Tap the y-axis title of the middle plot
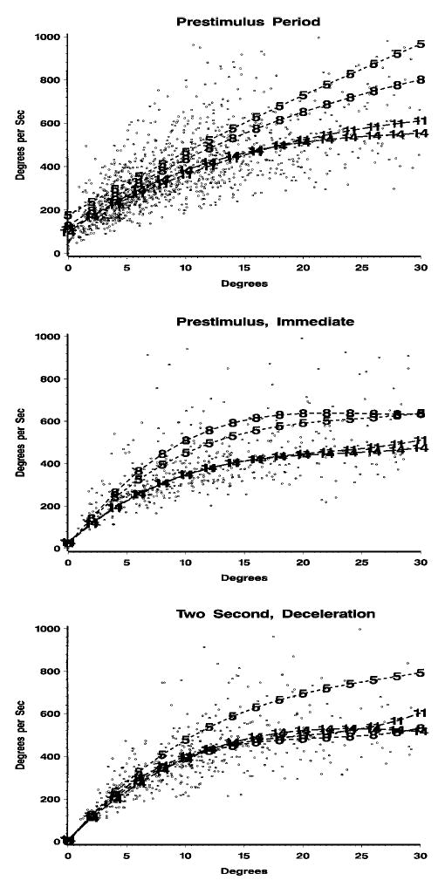coord(18,441)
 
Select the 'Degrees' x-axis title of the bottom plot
coord(243,870)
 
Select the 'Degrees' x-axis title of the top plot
coord(243,283)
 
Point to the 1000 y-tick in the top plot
coord(46,37)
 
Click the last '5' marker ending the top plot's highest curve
coord(421,44)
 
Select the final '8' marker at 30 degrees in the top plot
coord(421,80)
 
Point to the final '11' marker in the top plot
coord(420,120)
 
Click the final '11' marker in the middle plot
coord(420,440)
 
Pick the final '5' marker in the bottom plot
coord(421,672)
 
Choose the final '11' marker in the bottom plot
coord(420,713)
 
